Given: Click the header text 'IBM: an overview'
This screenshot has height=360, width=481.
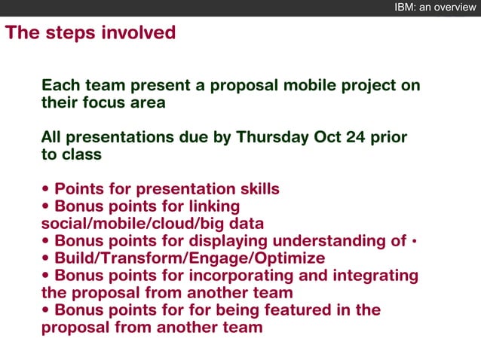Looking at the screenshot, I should tap(435, 8).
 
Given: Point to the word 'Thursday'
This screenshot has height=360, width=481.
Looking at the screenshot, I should tap(272, 137).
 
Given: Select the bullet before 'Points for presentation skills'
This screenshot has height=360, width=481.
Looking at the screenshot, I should tap(46, 190).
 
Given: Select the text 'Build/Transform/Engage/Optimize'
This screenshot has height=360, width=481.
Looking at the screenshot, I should tap(189, 258).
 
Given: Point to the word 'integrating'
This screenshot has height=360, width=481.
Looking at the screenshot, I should tap(375, 276).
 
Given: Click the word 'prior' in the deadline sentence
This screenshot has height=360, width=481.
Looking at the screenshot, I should tap(390, 137).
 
